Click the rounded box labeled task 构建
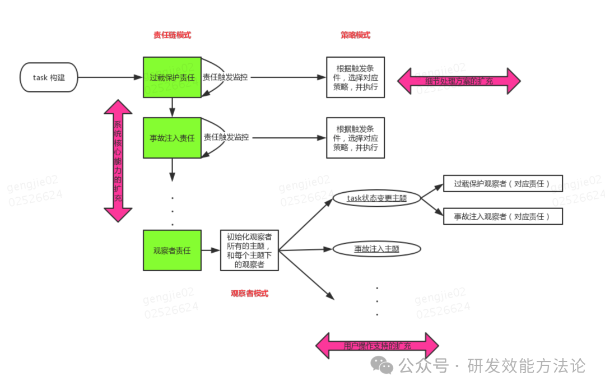point(49,77)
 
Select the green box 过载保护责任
point(172,77)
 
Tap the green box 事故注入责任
point(172,138)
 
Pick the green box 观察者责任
point(172,250)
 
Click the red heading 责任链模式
point(172,35)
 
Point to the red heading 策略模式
point(356,35)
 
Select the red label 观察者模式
point(249,293)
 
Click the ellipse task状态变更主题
point(376,198)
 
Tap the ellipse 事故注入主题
point(376,249)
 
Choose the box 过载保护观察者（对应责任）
point(503,183)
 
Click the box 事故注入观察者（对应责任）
point(503,216)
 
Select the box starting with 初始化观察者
point(249,250)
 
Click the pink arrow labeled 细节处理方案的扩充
point(459,81)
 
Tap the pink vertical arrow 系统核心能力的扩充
point(118,161)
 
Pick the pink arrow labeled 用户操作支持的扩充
point(377,346)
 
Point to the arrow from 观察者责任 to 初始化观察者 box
point(211,250)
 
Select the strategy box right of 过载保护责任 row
point(356,77)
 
